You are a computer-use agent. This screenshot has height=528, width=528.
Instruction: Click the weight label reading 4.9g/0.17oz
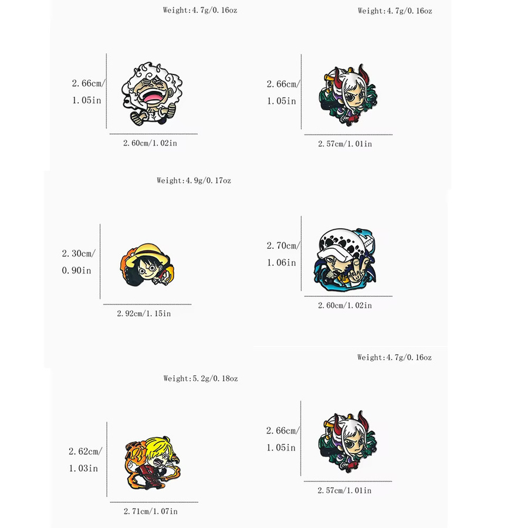(x=208, y=181)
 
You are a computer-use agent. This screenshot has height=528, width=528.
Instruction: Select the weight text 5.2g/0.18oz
(x=215, y=379)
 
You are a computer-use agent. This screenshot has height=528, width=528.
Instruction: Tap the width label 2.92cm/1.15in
(x=144, y=314)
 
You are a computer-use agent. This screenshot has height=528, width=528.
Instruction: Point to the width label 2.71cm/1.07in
(x=151, y=512)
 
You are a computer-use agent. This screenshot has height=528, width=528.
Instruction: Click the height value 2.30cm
(x=79, y=253)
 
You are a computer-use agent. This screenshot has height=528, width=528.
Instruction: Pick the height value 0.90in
(x=76, y=270)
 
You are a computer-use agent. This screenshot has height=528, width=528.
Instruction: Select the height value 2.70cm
(x=283, y=246)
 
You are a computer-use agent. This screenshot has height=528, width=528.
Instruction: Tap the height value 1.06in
(x=282, y=263)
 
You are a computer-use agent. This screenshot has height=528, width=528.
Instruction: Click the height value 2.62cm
(x=85, y=452)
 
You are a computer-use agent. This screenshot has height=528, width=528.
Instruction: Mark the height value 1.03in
(x=83, y=468)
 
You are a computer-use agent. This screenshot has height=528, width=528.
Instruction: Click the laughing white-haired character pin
(x=151, y=93)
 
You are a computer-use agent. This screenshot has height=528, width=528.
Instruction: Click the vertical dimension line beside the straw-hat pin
(x=100, y=261)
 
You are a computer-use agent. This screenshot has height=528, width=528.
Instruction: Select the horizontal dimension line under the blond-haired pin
(x=154, y=502)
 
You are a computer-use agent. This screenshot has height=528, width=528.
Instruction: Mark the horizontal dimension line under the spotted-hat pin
(x=348, y=296)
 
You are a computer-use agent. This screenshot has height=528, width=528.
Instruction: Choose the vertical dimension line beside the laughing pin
(x=106, y=91)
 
